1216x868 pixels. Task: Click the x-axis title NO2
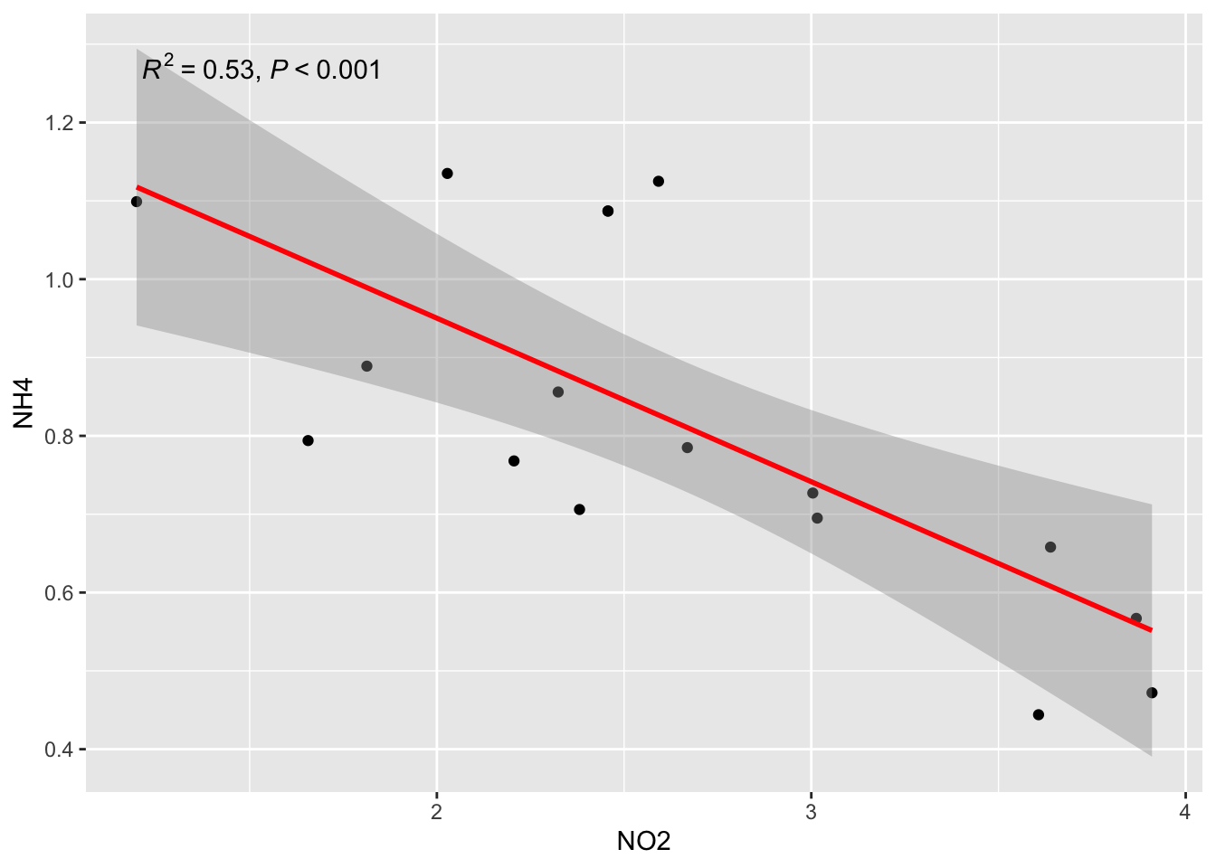643,842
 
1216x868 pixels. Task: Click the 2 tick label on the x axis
437,809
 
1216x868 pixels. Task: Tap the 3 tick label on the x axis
811,809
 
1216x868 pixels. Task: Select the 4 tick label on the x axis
1184,809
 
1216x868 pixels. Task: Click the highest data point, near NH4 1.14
447,174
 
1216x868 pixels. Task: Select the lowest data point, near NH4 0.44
1039,715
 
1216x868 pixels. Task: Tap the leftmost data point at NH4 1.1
137,202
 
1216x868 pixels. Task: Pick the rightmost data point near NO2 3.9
1152,693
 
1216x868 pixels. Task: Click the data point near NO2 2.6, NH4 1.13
659,182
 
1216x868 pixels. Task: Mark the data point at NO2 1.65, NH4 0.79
308,440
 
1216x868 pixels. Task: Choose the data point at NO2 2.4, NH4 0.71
580,510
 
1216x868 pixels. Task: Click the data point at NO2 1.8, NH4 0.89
366,366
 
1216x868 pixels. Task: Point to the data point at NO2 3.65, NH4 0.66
1050,547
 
